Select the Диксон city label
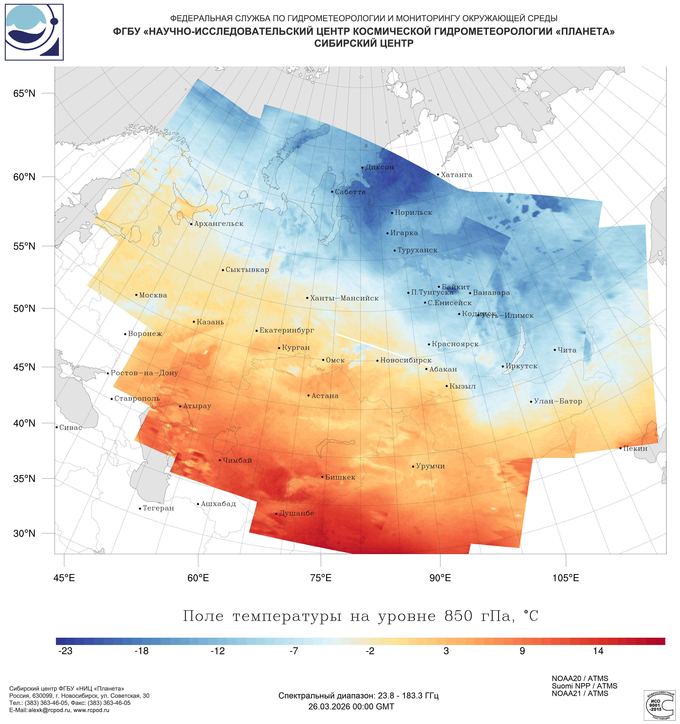point(380,167)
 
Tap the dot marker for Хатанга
point(438,174)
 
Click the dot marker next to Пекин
point(621,448)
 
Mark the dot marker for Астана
point(308,396)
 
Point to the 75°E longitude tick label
point(321,578)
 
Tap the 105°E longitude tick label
point(566,578)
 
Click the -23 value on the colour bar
point(65,651)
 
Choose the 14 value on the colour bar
point(598,651)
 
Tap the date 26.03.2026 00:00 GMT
point(351,707)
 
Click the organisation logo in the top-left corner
point(34,32)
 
